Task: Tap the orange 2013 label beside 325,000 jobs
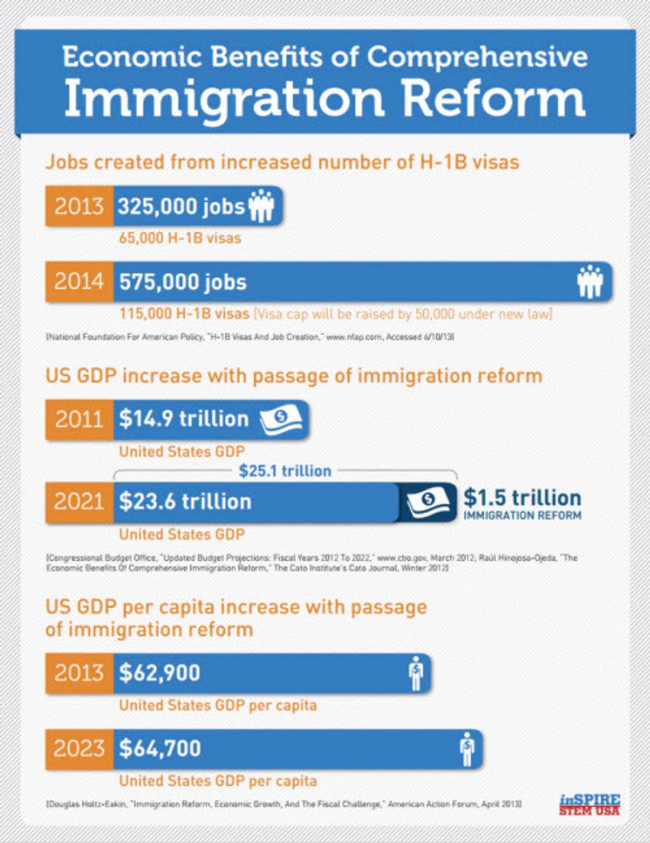tap(79, 206)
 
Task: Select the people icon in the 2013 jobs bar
tap(261, 206)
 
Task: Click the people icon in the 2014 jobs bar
tap(590, 281)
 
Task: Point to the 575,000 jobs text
tap(182, 282)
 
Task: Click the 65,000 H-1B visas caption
tap(180, 238)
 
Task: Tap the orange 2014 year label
tap(79, 282)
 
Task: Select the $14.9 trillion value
tap(184, 419)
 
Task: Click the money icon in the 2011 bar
tap(281, 419)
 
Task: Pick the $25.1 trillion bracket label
tap(285, 471)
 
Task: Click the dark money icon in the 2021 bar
tap(428, 502)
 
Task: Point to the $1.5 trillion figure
tap(522, 498)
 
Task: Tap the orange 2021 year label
tap(79, 501)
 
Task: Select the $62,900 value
tap(159, 673)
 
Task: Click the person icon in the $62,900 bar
tap(416, 673)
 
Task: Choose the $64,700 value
tap(160, 749)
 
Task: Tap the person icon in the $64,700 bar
tap(468, 749)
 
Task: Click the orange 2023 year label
tap(79, 749)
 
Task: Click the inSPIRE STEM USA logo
tap(589, 805)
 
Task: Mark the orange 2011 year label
tap(79, 419)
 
